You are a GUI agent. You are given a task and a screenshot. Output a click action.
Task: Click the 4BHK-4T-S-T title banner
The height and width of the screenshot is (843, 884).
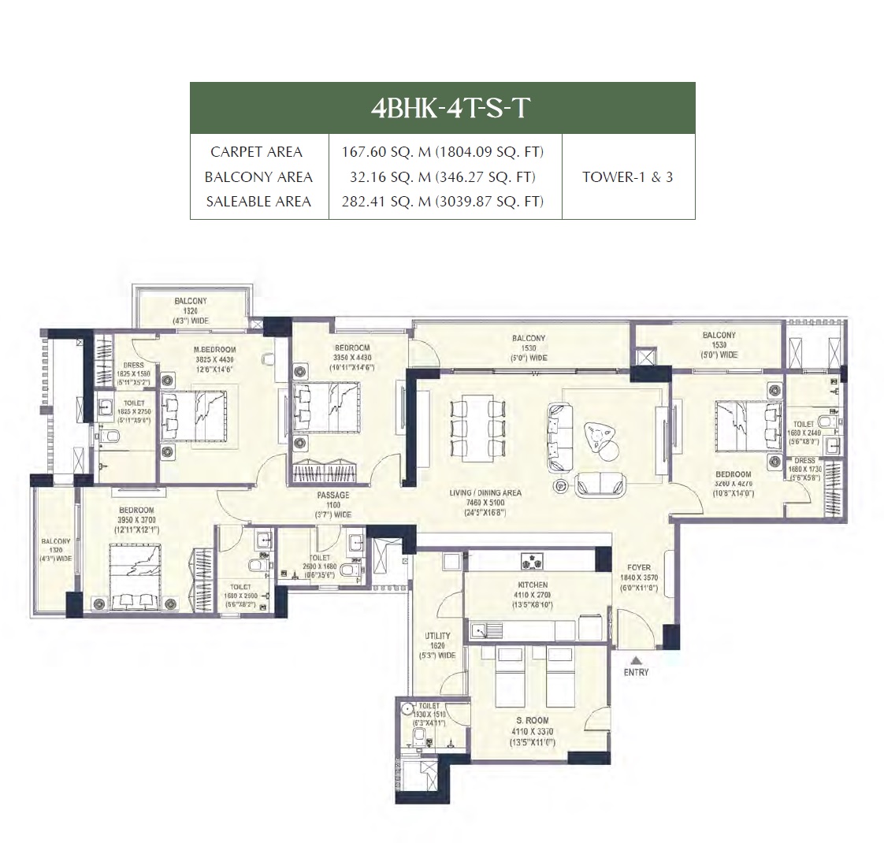(442, 108)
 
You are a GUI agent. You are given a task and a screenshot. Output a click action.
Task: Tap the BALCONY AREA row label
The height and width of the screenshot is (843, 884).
(258, 176)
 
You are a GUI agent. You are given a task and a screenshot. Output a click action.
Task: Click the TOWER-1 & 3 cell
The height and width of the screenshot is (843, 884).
(627, 176)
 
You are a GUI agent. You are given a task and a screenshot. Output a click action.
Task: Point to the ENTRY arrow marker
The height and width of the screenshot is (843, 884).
(636, 661)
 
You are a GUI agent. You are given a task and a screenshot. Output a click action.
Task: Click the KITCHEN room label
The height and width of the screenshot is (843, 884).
(533, 585)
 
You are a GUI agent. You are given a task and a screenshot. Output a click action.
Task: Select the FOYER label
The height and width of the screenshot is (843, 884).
(639, 567)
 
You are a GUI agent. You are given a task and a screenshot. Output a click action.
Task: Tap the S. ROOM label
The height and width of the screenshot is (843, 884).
(533, 720)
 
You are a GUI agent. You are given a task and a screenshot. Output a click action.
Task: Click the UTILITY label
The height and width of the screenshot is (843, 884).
(437, 636)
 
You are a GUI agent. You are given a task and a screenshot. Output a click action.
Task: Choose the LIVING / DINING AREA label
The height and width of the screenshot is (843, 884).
(485, 493)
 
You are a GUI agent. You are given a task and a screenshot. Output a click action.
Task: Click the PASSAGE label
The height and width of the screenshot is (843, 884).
(332, 496)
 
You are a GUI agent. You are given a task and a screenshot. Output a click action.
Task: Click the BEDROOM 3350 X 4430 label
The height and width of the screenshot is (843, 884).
(351, 348)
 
